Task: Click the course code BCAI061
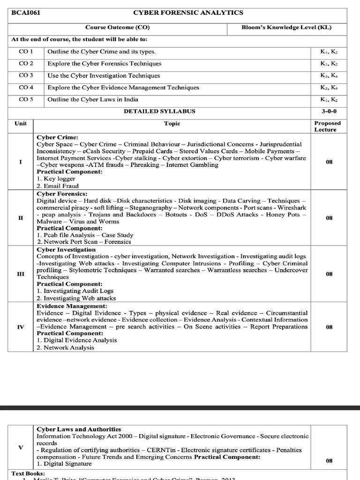(26, 13)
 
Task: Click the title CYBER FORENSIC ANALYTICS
(188, 13)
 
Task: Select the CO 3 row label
(26, 75)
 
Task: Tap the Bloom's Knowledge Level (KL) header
(286, 28)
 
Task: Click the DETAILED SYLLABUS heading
(159, 112)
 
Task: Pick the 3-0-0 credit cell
(329, 112)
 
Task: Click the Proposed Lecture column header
(328, 127)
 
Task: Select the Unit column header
(21, 123)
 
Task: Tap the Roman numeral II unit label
(21, 218)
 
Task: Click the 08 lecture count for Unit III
(329, 274)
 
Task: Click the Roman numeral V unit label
(21, 447)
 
